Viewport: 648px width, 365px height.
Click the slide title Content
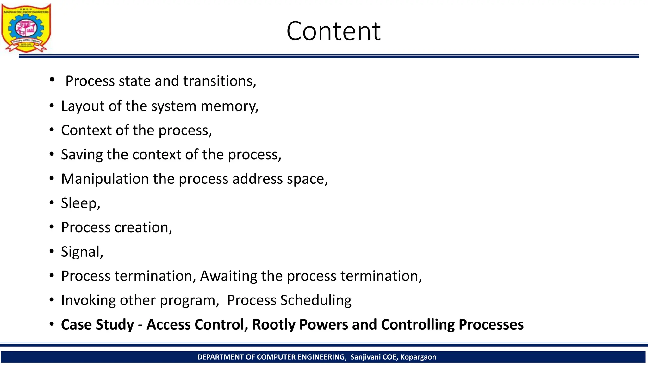pos(333,31)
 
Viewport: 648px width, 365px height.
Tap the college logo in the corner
pos(26,28)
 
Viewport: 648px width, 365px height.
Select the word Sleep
pos(79,203)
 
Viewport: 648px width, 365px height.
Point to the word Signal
pos(81,252)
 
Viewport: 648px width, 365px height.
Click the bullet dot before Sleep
pos(52,202)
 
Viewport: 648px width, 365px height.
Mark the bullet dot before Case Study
pos(52,324)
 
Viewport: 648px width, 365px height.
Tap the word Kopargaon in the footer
pos(418,357)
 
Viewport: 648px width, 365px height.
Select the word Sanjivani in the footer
pos(365,357)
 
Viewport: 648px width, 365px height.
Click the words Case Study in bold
pos(97,325)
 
